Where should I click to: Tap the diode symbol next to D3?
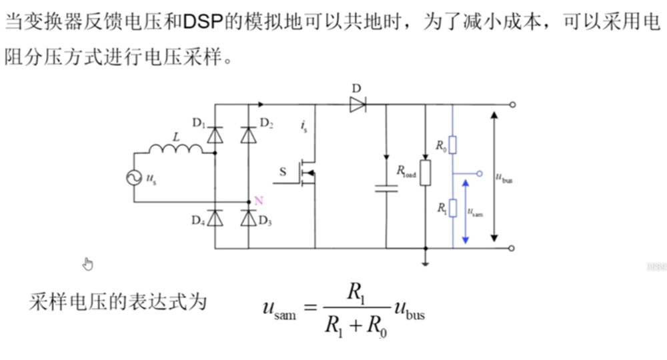click(248, 218)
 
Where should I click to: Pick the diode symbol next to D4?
click(214, 218)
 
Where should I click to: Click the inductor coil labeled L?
click(176, 149)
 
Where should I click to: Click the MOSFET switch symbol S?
click(307, 172)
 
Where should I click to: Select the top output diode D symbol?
click(358, 104)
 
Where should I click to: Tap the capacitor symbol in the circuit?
click(386, 188)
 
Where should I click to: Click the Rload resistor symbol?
click(425, 172)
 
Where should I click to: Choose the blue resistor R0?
click(452, 144)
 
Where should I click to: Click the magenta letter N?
click(259, 200)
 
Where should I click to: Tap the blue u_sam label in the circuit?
click(476, 213)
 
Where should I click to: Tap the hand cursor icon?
click(87, 264)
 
